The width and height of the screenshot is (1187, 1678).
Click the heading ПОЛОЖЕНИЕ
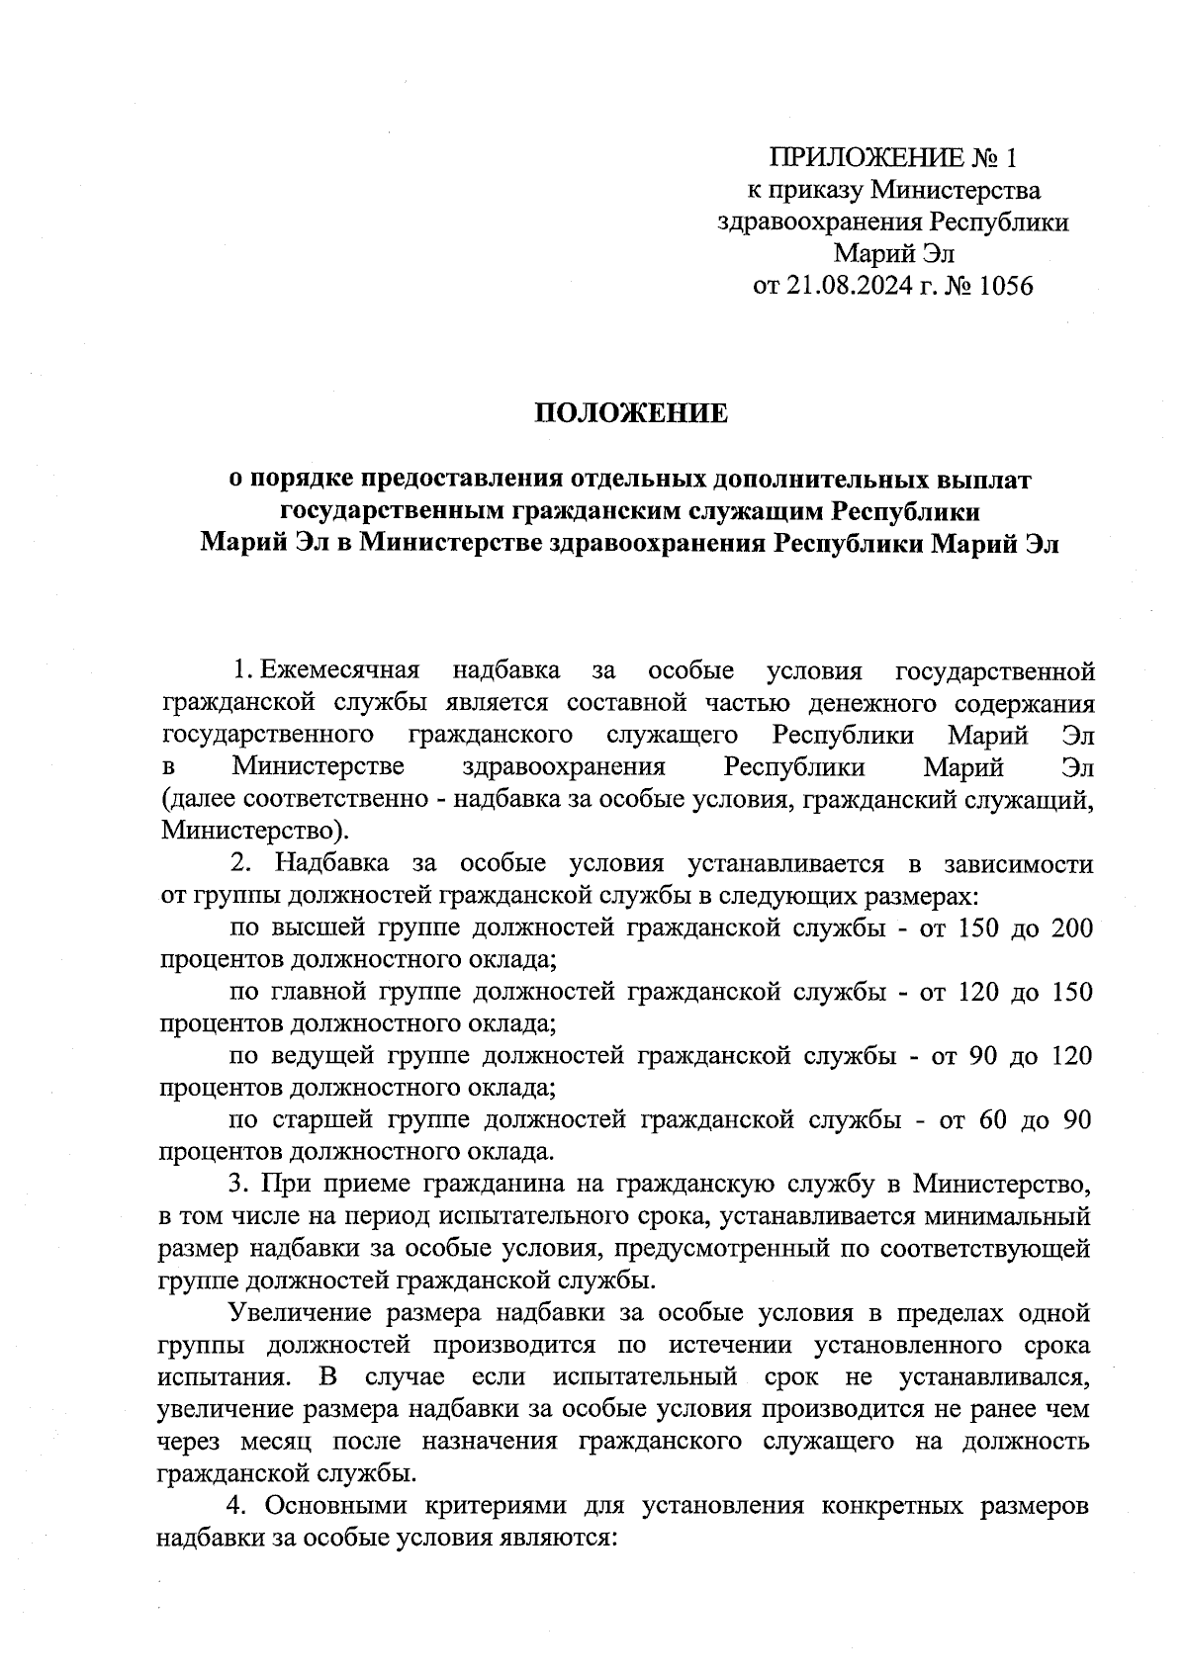click(x=631, y=413)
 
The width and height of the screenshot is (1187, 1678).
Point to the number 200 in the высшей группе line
click(x=1072, y=928)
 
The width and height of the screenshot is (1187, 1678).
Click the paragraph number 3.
click(x=236, y=1184)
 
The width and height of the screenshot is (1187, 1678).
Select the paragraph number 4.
click(x=236, y=1506)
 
